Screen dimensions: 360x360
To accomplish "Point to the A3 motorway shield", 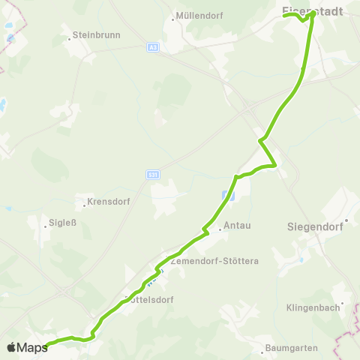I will tap(153, 47).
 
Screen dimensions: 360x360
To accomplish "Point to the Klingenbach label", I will tap(313, 307).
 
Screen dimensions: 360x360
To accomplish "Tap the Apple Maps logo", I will tap(26, 347).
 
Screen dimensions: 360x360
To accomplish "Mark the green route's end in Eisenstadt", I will tap(312, 13).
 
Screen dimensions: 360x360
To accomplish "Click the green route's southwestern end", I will tap(47, 345).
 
